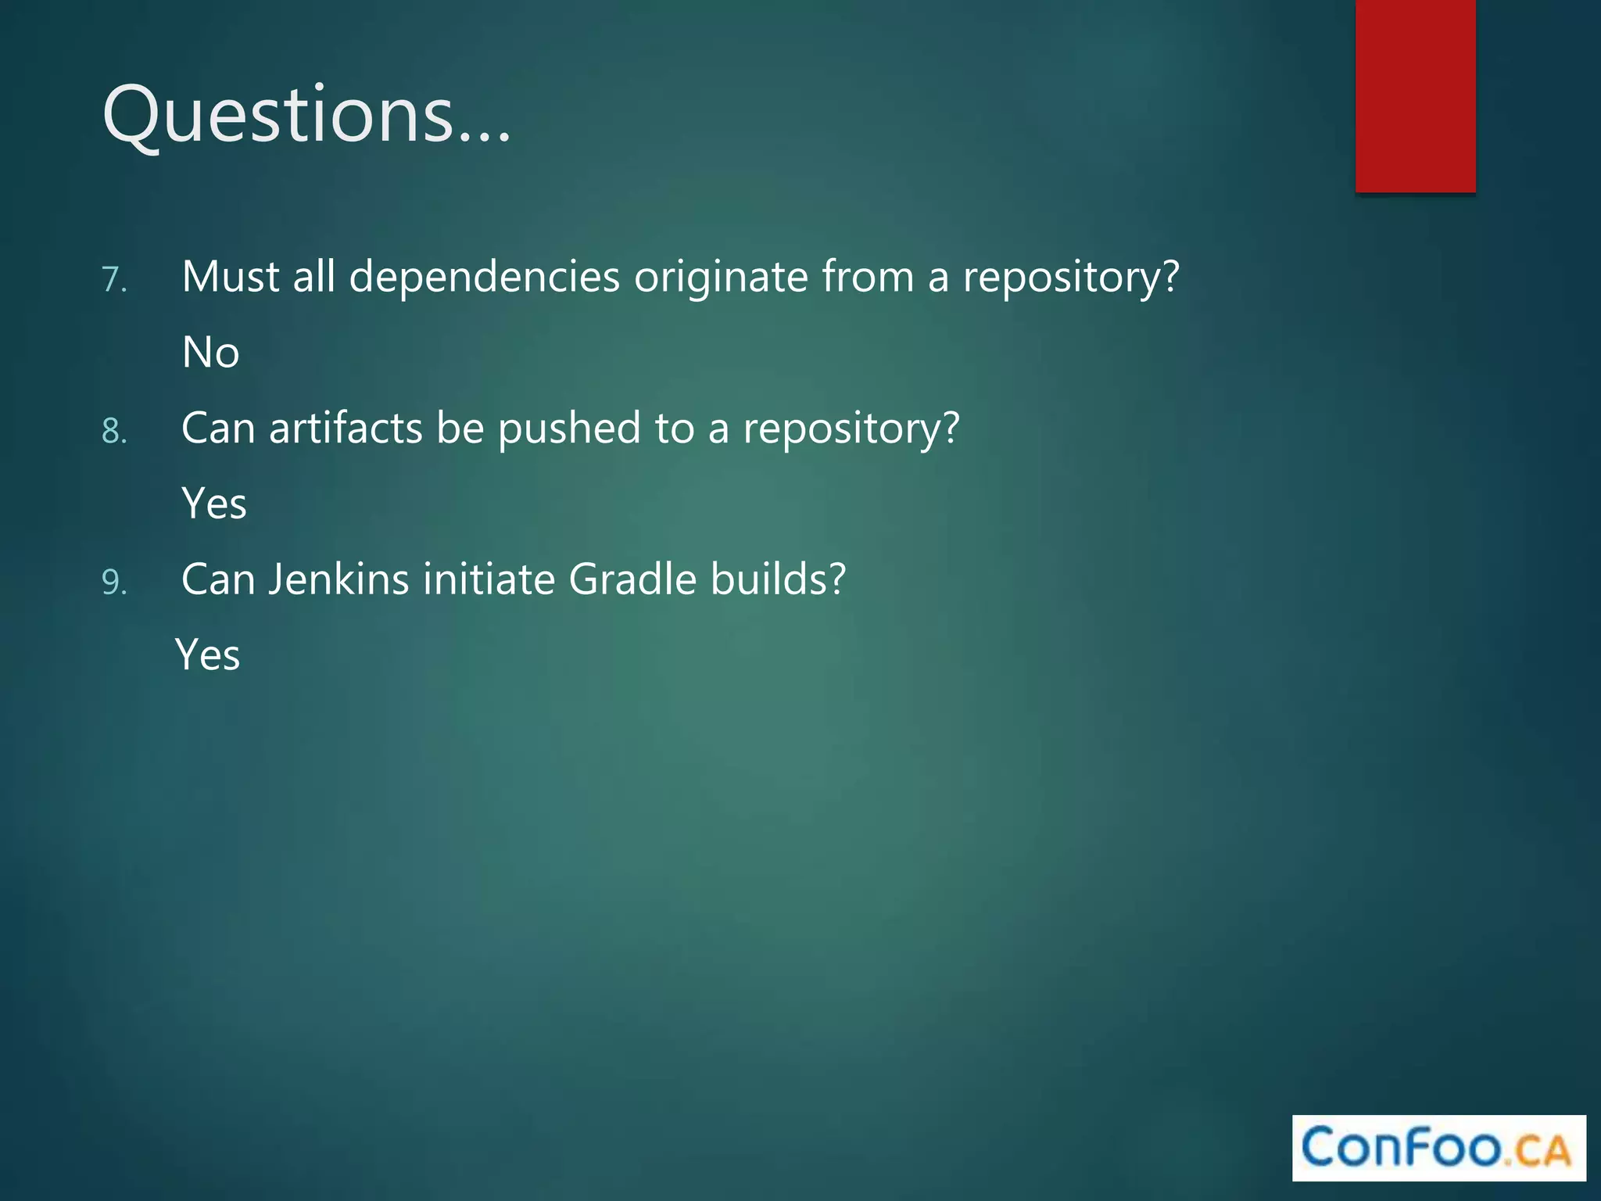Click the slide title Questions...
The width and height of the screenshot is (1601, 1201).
coord(306,116)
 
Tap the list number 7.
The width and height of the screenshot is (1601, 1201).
coord(114,280)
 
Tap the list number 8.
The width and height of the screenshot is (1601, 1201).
coord(114,432)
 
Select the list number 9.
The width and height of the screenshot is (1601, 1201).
coord(114,583)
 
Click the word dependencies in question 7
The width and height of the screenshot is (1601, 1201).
coord(484,278)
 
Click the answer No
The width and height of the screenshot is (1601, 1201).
coord(210,353)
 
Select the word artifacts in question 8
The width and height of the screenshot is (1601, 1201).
coord(346,428)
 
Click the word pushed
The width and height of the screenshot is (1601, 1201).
coord(569,428)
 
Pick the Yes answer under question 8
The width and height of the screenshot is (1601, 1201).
coord(214,504)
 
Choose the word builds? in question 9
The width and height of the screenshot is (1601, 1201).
coord(778,579)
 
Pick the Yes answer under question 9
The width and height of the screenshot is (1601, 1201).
coord(208,655)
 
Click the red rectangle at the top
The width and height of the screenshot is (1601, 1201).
coord(1415,95)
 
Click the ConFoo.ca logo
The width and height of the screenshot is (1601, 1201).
coord(1438,1148)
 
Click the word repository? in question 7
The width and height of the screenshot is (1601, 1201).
coord(1070,278)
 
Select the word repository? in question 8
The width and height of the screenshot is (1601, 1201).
coord(851,428)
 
